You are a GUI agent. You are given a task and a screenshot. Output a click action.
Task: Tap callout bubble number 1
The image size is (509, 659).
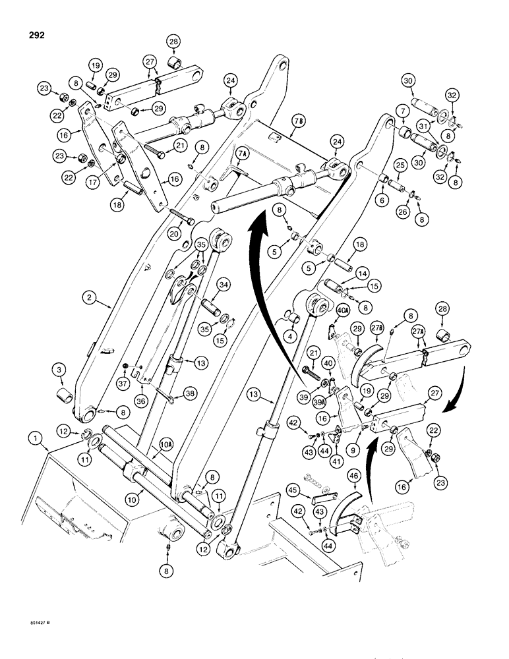33,438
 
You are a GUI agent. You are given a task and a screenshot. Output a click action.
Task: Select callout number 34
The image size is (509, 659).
224,284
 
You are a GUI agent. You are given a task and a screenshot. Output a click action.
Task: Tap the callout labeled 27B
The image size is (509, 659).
378,328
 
